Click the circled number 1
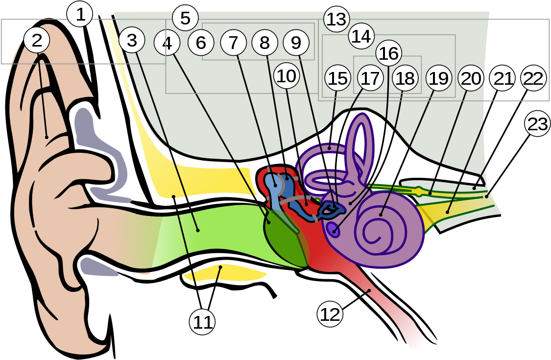(x=80, y=15)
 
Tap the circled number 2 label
(x=37, y=41)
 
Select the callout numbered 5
(x=185, y=18)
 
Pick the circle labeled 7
(x=233, y=43)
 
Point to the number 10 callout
(x=287, y=76)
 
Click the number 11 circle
(x=202, y=322)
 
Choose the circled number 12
(x=330, y=314)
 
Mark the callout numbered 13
(x=336, y=20)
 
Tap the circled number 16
(x=389, y=53)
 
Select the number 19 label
(x=439, y=78)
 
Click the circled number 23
(x=537, y=124)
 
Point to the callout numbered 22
(x=533, y=78)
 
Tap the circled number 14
(x=361, y=36)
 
